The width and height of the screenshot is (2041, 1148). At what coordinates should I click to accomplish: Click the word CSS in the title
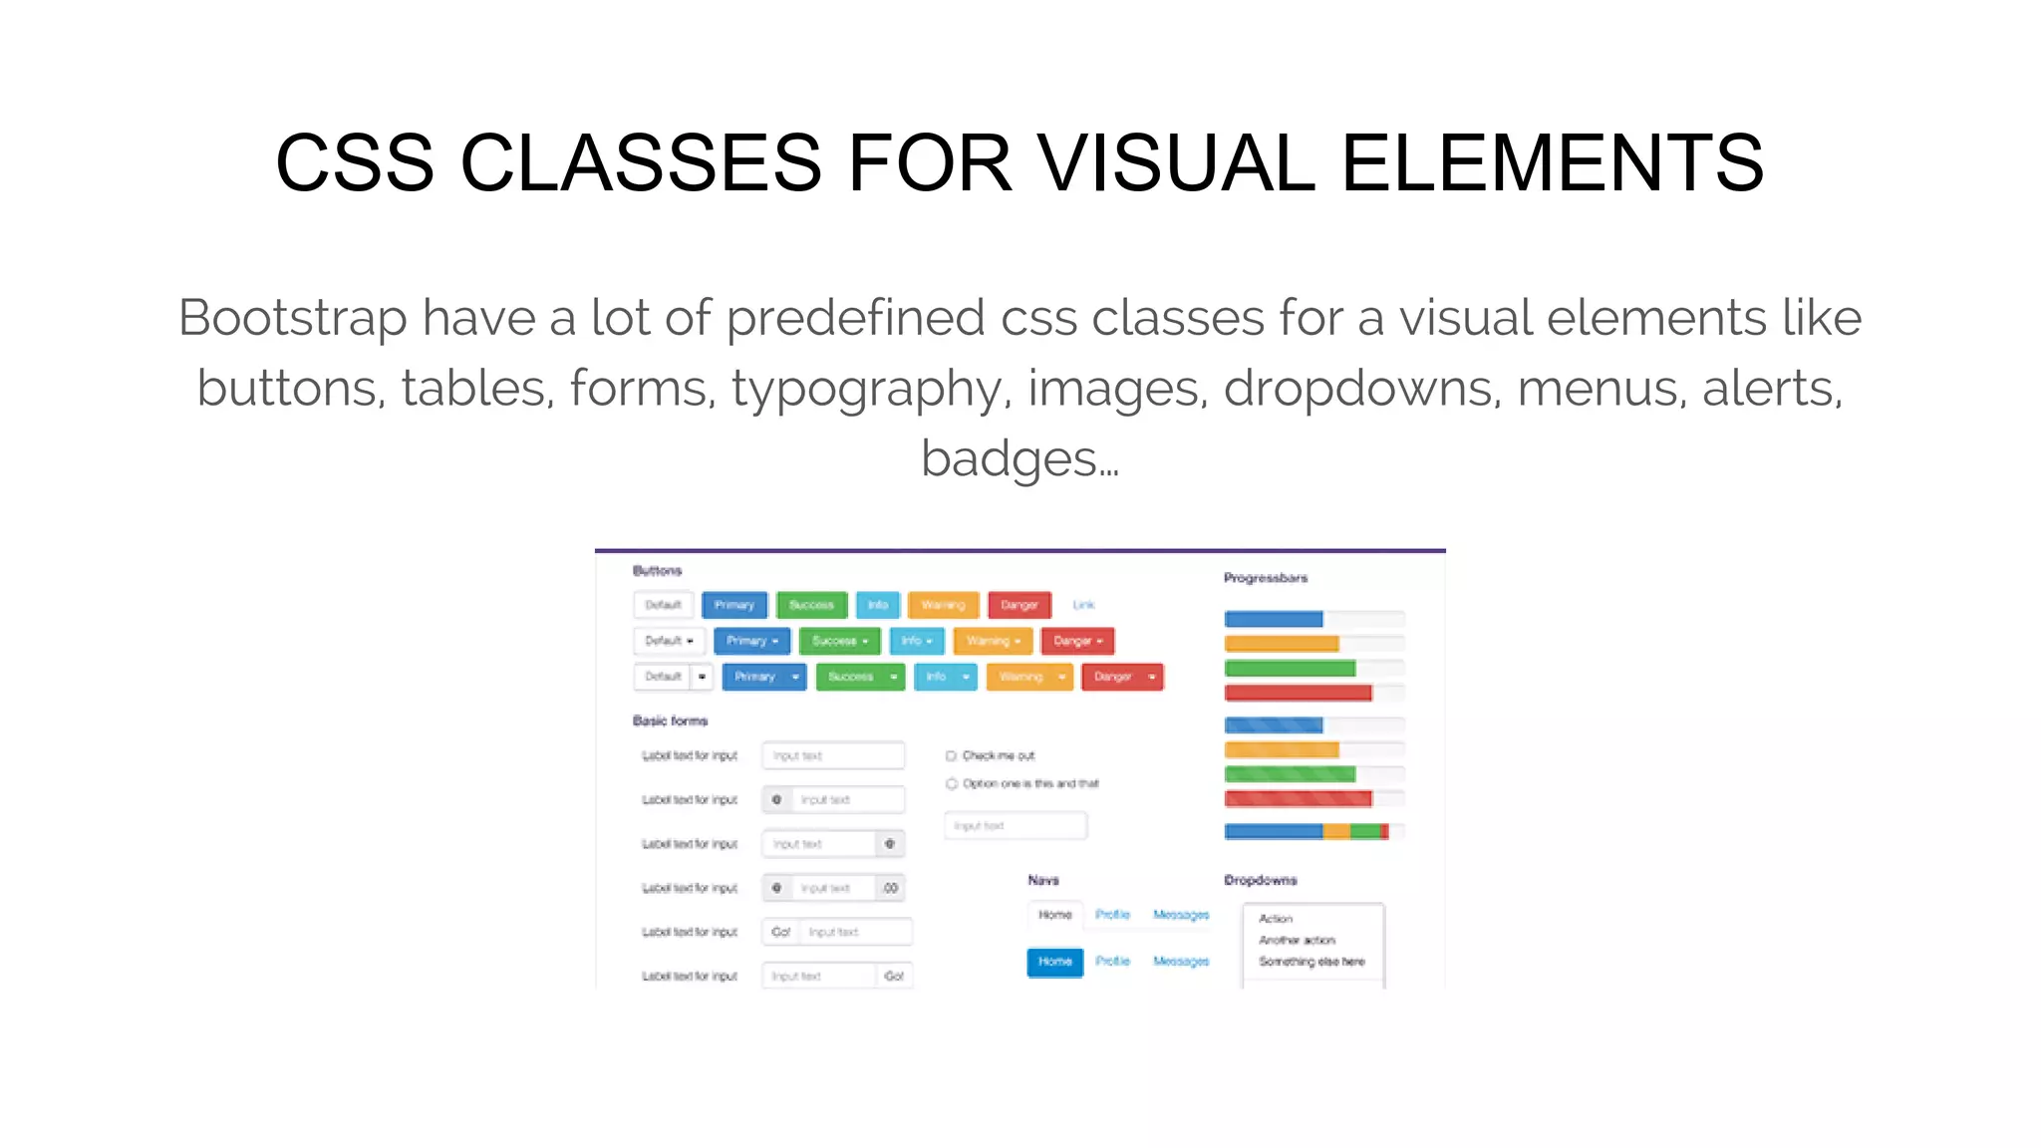tap(355, 163)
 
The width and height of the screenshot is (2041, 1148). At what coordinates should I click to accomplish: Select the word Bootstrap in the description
tap(292, 318)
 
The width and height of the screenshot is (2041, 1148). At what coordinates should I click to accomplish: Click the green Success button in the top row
tap(811, 605)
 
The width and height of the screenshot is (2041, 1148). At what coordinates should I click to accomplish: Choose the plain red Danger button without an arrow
tap(1019, 605)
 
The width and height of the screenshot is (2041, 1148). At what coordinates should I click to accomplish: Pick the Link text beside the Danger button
tap(1083, 605)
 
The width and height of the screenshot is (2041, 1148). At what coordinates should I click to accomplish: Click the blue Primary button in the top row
tap(734, 605)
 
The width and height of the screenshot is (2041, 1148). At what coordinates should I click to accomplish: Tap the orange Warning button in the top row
tap(943, 605)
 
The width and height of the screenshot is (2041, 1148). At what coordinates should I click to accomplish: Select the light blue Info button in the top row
tap(877, 605)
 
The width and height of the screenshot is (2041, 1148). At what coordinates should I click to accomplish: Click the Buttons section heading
tap(657, 571)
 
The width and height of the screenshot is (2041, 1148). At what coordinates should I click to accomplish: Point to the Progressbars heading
tap(1266, 578)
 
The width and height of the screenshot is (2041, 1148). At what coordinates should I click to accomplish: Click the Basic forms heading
tap(670, 720)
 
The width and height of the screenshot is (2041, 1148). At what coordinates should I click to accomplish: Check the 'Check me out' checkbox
tap(951, 755)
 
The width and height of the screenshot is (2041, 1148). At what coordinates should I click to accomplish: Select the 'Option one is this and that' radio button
tap(951, 783)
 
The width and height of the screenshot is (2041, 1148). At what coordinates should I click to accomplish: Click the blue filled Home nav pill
tap(1054, 962)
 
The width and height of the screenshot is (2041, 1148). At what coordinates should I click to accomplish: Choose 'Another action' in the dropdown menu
tap(1297, 940)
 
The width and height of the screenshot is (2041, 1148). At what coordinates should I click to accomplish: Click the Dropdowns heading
tap(1261, 880)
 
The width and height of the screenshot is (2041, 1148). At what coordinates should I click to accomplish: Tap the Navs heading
tap(1043, 880)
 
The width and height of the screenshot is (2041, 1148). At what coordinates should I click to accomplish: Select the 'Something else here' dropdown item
tap(1312, 962)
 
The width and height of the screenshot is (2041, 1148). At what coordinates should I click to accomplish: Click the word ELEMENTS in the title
tap(1553, 163)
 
